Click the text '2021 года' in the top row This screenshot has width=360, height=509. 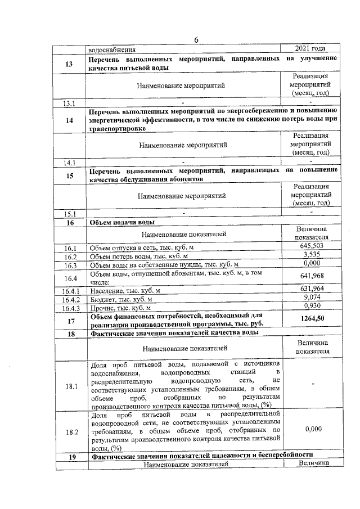click(310, 48)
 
